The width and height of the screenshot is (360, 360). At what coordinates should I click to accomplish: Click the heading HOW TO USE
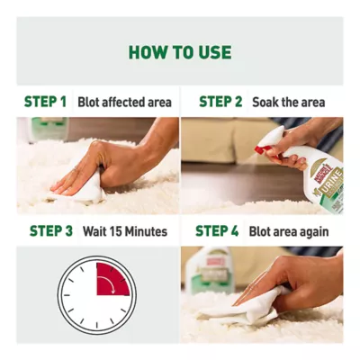[180, 52]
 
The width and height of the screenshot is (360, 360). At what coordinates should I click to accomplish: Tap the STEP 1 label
[45, 102]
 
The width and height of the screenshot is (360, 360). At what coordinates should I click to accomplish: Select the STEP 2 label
[220, 102]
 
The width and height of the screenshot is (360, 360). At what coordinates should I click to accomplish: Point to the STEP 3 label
[51, 231]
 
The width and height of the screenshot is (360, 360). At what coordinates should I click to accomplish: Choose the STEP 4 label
[217, 231]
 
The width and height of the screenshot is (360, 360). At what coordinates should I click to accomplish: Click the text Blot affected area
[124, 102]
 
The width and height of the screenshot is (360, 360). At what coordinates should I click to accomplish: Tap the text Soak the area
[289, 102]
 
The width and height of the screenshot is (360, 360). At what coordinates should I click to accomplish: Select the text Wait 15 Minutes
[125, 231]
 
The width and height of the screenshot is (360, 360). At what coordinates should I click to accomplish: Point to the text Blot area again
[289, 231]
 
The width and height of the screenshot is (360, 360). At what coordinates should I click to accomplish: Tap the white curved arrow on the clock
[107, 283]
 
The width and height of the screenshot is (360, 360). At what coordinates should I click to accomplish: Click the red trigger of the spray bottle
[265, 149]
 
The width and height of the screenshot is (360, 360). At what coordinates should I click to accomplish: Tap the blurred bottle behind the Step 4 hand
[210, 270]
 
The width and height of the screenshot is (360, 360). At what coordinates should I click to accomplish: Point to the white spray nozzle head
[272, 137]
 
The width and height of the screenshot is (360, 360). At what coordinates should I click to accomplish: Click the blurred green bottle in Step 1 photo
[48, 129]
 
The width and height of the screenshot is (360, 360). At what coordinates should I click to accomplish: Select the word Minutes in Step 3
[146, 231]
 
